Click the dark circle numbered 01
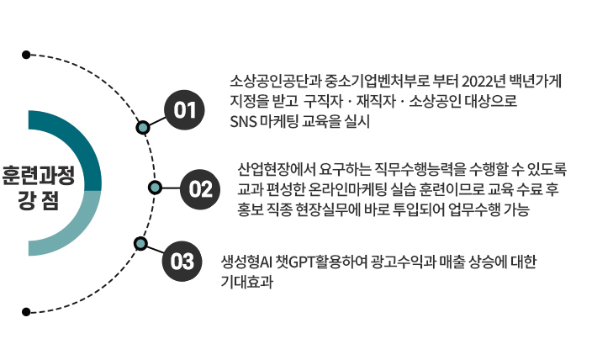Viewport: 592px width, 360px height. coord(185,109)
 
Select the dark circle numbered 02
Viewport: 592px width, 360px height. coord(200,187)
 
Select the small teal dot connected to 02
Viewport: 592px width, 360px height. coord(155,187)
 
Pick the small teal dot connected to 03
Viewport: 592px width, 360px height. coord(140,244)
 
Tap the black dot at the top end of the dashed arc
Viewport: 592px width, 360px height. coord(27,55)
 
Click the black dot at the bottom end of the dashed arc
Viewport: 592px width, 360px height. coord(27,311)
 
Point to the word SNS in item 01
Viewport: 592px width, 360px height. coord(242,120)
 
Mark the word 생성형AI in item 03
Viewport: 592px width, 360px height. coord(253,262)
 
